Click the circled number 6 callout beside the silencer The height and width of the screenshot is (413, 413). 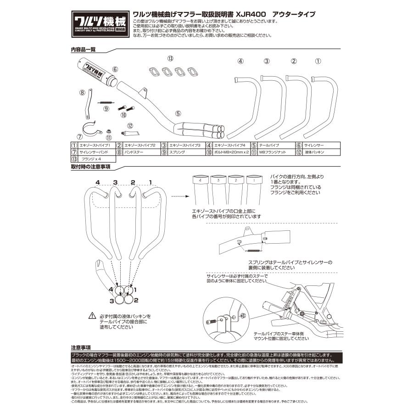click(x=115, y=69)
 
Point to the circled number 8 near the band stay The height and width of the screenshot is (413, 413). click(x=82, y=92)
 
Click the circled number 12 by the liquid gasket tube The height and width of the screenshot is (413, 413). click(x=130, y=125)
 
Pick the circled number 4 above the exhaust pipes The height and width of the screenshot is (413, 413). click(x=240, y=61)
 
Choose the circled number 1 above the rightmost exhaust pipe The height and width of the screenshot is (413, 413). click(x=318, y=61)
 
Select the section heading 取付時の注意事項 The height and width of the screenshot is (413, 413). click(x=90, y=167)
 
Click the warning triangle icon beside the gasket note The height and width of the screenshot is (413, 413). click(x=92, y=317)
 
